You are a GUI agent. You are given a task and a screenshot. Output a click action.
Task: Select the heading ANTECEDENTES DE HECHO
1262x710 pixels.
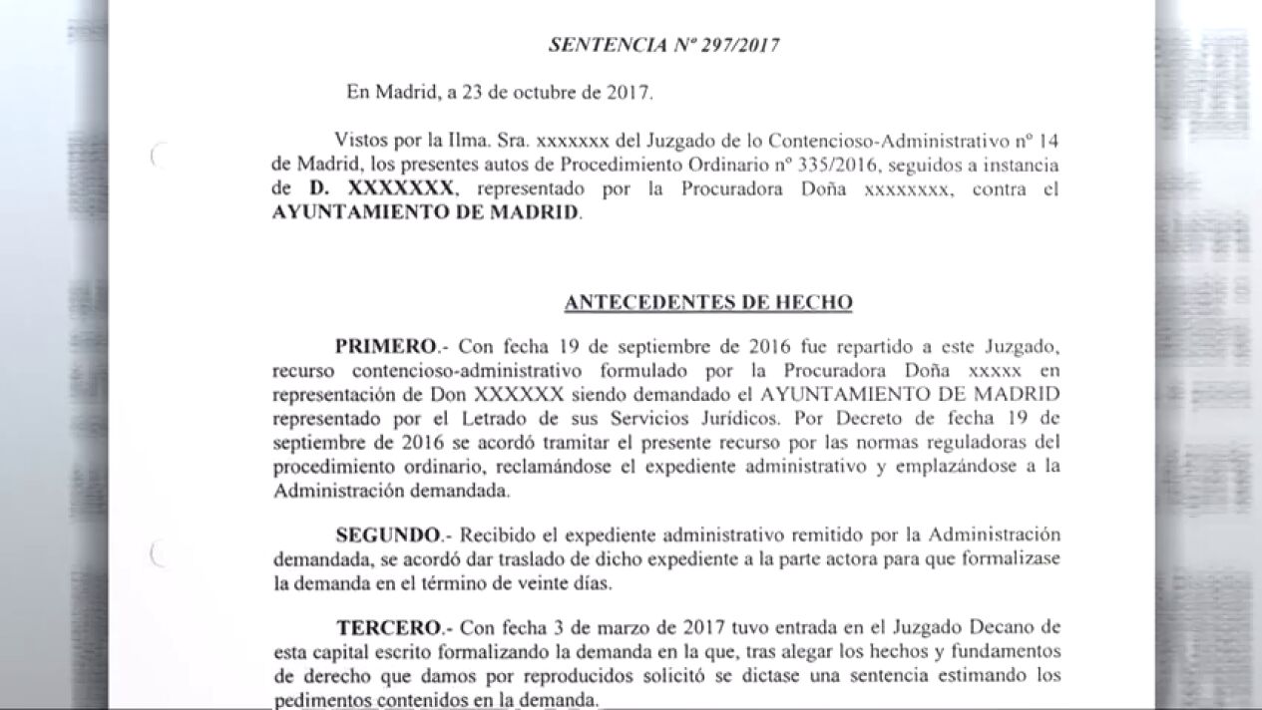(x=707, y=302)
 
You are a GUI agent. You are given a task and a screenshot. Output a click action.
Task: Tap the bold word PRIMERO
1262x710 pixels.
(x=386, y=346)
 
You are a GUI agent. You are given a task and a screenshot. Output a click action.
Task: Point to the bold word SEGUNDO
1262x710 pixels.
(x=388, y=533)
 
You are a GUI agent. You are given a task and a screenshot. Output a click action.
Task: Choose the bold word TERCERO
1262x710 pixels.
(x=388, y=627)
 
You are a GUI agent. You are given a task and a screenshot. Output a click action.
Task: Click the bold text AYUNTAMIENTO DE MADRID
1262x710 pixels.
(x=425, y=213)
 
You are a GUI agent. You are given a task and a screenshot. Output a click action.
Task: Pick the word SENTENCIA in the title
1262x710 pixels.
(x=597, y=45)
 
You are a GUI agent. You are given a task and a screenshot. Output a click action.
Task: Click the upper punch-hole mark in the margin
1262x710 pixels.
(x=155, y=156)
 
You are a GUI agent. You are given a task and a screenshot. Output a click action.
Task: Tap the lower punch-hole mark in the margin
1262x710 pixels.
(x=155, y=554)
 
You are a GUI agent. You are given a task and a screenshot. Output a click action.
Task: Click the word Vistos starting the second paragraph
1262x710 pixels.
(x=361, y=137)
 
